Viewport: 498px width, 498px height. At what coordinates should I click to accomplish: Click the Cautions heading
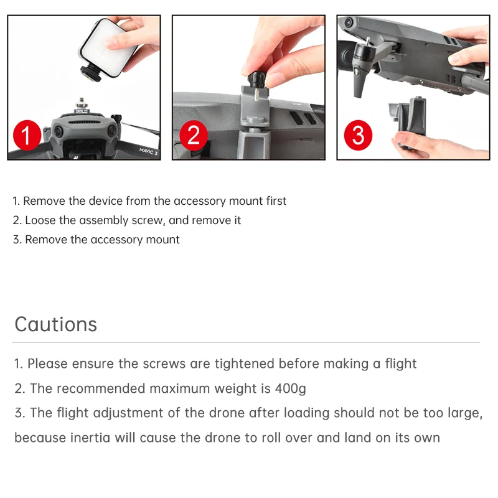coord(56,324)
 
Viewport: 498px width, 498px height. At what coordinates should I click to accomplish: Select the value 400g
coord(291,388)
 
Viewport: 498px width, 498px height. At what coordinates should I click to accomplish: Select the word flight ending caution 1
coord(400,364)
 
